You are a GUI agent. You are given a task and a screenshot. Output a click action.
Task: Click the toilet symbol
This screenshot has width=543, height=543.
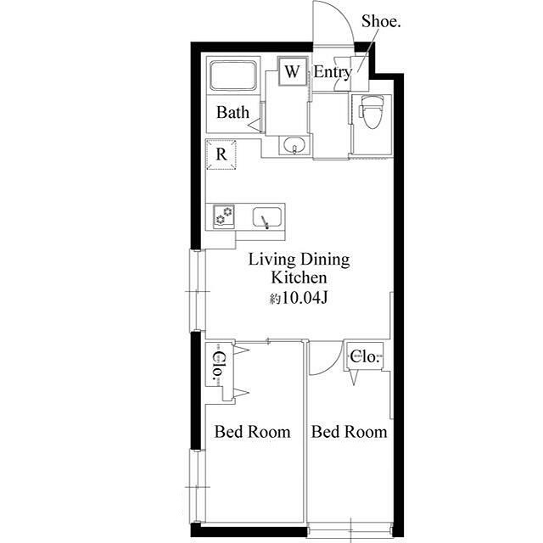[x=372, y=111]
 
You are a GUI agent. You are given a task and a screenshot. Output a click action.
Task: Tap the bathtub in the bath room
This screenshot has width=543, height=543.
[x=233, y=76]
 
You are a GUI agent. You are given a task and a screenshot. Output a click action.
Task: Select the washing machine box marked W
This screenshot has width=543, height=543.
[x=293, y=71]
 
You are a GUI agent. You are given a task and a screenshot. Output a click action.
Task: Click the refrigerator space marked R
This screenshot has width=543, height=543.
[x=221, y=154]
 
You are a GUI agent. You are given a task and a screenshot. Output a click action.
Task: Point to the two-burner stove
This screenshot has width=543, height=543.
[x=223, y=216]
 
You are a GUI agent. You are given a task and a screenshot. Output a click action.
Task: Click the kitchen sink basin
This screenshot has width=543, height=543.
[x=266, y=217]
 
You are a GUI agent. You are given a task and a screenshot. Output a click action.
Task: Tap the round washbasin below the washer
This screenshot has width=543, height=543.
[x=294, y=145]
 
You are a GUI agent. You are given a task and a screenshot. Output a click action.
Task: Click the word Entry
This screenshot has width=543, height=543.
[x=333, y=73]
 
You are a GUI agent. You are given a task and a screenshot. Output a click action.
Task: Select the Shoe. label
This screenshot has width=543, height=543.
[x=381, y=21]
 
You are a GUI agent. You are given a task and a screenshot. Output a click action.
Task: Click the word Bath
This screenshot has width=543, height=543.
[x=232, y=113]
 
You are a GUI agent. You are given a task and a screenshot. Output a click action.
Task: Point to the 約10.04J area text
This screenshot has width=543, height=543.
[x=299, y=298]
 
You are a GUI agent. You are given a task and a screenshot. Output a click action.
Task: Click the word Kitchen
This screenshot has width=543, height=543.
[x=299, y=277]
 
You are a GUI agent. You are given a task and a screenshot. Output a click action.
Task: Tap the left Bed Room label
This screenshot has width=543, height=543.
[x=253, y=432]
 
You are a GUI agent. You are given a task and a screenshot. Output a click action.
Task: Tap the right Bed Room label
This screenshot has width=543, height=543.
[x=349, y=432]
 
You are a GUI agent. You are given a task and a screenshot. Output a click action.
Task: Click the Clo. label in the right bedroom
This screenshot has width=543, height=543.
[x=364, y=356]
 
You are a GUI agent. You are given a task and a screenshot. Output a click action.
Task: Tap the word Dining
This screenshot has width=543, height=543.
[x=325, y=260]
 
